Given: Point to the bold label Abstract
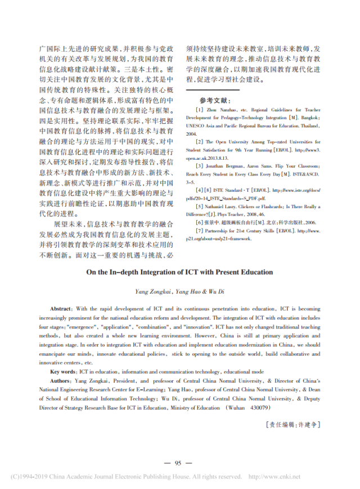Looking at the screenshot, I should coord(61,309).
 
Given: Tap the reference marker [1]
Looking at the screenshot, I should coord(199,111).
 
